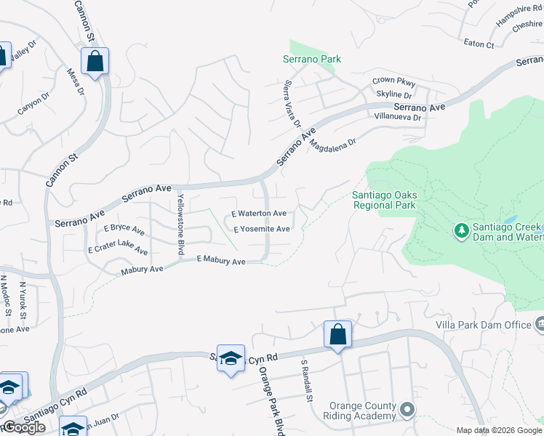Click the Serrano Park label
click(x=312, y=59)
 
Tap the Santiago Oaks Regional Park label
click(x=383, y=200)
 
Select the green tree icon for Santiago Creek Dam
click(x=460, y=231)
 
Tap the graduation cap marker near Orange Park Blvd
click(x=231, y=359)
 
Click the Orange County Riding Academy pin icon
click(x=407, y=411)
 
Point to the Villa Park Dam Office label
click(x=483, y=325)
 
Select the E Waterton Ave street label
click(x=259, y=214)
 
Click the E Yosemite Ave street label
click(x=262, y=229)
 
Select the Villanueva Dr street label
click(x=397, y=116)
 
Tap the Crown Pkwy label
click(x=393, y=81)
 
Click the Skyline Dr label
click(x=394, y=94)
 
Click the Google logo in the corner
click(x=24, y=427)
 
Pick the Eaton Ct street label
click(x=479, y=44)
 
